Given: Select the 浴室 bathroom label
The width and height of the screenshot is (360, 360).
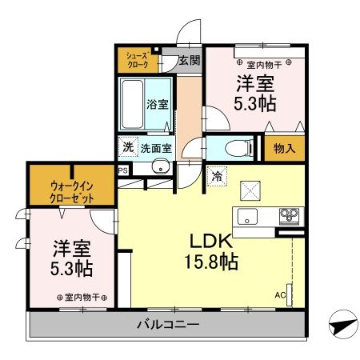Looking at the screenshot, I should coord(158,104).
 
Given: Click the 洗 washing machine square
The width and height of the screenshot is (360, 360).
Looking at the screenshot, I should coord(127,147).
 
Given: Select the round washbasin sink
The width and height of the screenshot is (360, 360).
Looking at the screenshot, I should coord(161,167).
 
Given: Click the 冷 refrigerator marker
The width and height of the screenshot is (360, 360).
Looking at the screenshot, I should coord(217,178).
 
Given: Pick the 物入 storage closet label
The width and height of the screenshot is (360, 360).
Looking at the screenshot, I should coord(284,148).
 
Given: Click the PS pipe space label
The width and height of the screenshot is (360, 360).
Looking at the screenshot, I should coord(122,170).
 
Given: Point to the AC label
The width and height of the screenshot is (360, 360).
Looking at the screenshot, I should coord(280,295).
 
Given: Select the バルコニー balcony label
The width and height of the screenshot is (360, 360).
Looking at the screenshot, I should coord(168,324).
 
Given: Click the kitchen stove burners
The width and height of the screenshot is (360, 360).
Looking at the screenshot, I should coord(288,214).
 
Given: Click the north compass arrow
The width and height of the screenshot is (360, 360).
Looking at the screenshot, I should coord(343,325).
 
